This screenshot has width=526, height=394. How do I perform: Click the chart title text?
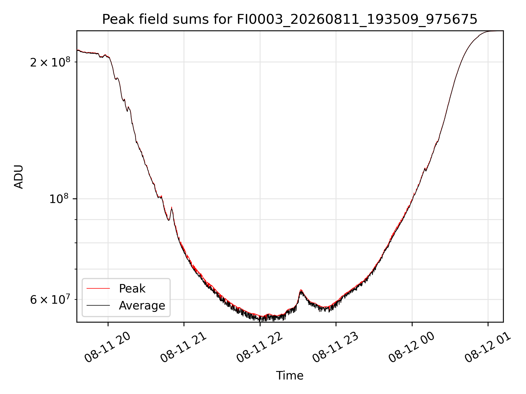pyautogui.click(x=290, y=19)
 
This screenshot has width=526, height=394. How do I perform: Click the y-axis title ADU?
pyautogui.click(x=19, y=177)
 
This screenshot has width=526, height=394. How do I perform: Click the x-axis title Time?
pyautogui.click(x=290, y=376)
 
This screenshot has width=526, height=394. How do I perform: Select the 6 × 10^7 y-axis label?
pyautogui.click(x=50, y=299)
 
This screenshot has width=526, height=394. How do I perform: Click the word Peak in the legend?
pyautogui.click(x=132, y=289)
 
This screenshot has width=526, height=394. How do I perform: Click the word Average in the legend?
pyautogui.click(x=142, y=306)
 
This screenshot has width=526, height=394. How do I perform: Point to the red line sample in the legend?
pyautogui.click(x=98, y=288)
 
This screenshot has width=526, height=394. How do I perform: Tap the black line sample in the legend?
pyautogui.click(x=98, y=305)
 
